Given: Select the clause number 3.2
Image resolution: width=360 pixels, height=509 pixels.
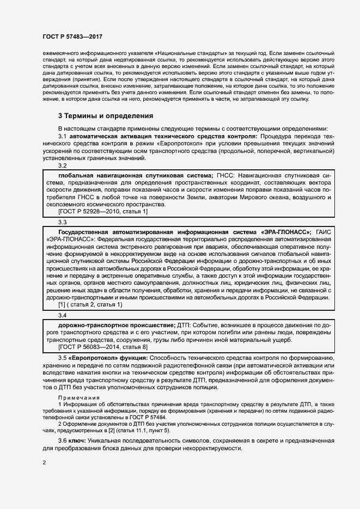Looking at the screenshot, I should pos(63,165).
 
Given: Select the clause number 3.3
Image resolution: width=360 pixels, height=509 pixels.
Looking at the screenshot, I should pos(63,222).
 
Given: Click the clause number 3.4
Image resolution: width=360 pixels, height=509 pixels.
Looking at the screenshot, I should pos(63,316).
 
